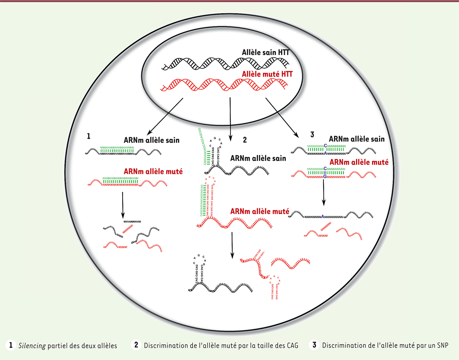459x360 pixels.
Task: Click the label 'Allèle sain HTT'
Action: (x=265, y=52)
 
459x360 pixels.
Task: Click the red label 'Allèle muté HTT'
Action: (x=267, y=74)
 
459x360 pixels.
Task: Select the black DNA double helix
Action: (x=224, y=64)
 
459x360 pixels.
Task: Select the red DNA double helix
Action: (x=224, y=85)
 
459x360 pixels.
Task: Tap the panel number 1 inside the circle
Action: (x=88, y=136)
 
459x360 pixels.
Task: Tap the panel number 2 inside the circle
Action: (x=245, y=140)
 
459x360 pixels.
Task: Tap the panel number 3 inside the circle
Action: (x=312, y=135)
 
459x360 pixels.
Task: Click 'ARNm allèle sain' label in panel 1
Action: (x=151, y=140)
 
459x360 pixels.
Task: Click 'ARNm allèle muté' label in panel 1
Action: (x=153, y=171)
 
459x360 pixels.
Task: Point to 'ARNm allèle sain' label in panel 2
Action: (x=258, y=158)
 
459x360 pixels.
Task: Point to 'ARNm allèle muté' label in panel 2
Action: (x=259, y=211)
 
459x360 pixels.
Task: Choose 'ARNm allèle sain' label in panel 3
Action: (x=357, y=139)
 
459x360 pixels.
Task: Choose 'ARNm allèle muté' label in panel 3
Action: (x=359, y=162)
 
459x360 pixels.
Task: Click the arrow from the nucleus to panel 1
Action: (x=165, y=116)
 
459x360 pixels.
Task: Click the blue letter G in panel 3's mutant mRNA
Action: (x=325, y=177)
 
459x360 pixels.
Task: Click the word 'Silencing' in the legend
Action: (x=32, y=346)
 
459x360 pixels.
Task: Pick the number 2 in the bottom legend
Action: (x=136, y=345)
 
